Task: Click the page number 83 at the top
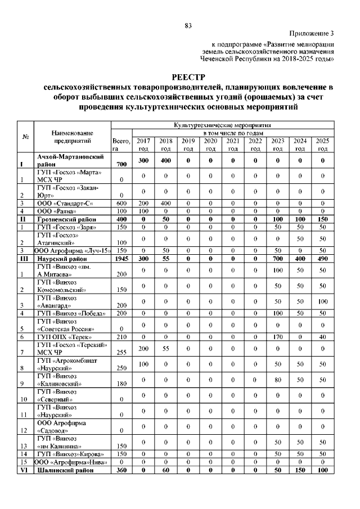coord(188,25)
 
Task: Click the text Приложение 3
coord(312,34)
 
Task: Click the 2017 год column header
coord(143,145)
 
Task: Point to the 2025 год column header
coord(322,145)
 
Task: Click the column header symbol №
coord(25,137)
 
